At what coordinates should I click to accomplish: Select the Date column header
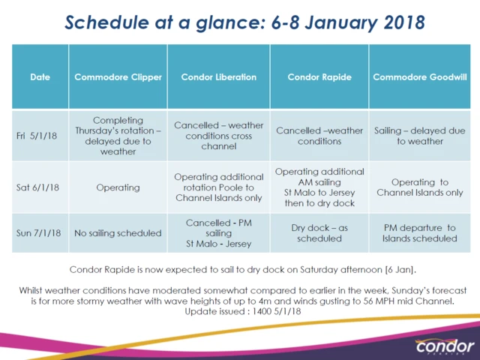[40, 77]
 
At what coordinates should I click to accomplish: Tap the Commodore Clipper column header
[117, 77]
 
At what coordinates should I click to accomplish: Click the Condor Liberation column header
[218, 77]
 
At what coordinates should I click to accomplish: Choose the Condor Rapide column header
[319, 77]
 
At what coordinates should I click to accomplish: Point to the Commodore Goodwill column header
[419, 77]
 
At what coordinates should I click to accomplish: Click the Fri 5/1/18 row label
[40, 136]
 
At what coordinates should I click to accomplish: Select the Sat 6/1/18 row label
[40, 187]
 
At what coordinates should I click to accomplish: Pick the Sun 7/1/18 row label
[40, 233]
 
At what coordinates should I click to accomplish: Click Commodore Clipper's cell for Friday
[117, 136]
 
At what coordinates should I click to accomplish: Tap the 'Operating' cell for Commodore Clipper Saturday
[117, 187]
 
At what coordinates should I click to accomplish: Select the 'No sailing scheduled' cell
[117, 233]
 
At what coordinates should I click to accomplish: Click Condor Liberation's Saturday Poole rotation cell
[218, 187]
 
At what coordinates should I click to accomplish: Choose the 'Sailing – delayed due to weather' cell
[419, 136]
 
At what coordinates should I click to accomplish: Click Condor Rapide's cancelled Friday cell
[319, 136]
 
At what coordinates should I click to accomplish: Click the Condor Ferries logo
[444, 346]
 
